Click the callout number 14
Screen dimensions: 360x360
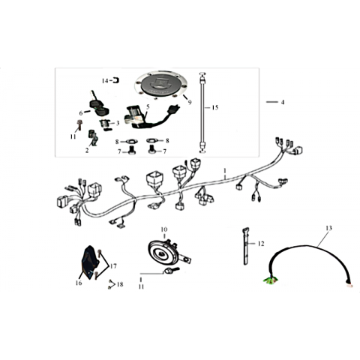pyautogui.click(x=105, y=81)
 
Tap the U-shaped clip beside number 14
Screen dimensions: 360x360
pyautogui.click(x=116, y=80)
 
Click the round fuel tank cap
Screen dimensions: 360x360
pyautogui.click(x=160, y=85)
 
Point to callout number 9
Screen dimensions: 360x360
pyautogui.click(x=190, y=102)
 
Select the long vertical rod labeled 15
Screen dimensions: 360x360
pyautogui.click(x=202, y=112)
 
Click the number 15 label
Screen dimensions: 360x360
pyautogui.click(x=215, y=107)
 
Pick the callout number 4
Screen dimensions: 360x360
pyautogui.click(x=283, y=102)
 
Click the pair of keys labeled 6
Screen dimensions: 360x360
pyautogui.click(x=99, y=105)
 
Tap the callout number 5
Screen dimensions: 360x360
pyautogui.click(x=148, y=107)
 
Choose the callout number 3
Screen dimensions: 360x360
pyautogui.click(x=118, y=123)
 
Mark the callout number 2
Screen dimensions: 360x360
pyautogui.click(x=87, y=150)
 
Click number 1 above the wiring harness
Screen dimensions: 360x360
pyautogui.click(x=225, y=171)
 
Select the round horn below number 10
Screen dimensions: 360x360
pyautogui.click(x=164, y=253)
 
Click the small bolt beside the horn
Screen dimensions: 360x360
pyautogui.click(x=171, y=270)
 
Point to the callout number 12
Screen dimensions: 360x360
pyautogui.click(x=261, y=244)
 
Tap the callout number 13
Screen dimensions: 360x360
pyautogui.click(x=328, y=228)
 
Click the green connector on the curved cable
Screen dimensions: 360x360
pyautogui.click(x=270, y=280)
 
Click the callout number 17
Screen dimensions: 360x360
pyautogui.click(x=113, y=266)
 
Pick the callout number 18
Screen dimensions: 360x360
pyautogui.click(x=120, y=284)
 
